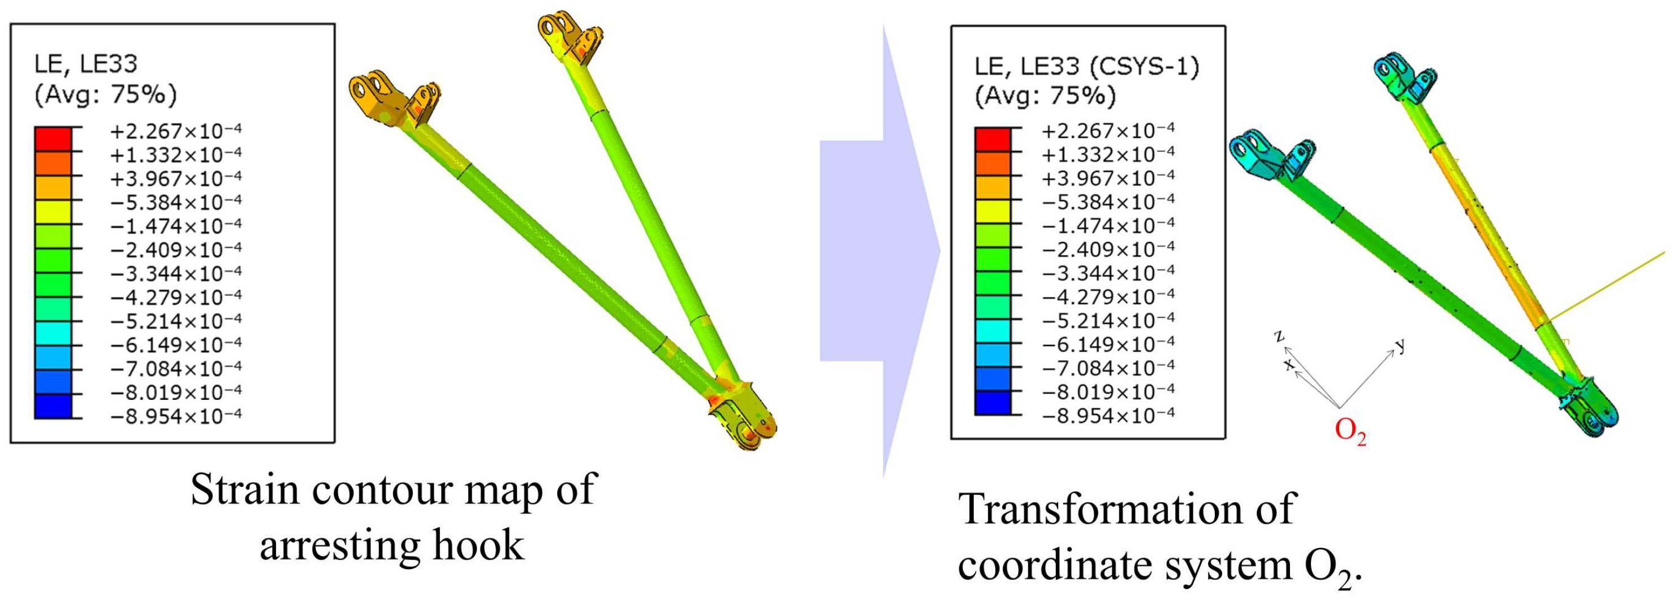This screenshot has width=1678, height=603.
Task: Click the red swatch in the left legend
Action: pyautogui.click(x=53, y=139)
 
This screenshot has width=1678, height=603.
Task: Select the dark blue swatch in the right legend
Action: pyautogui.click(x=993, y=403)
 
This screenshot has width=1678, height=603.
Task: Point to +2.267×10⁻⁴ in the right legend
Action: pyautogui.click(x=1108, y=131)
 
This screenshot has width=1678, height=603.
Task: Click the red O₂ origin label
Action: pyautogui.click(x=1351, y=431)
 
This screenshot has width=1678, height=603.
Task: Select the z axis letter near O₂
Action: pyautogui.click(x=1279, y=335)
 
